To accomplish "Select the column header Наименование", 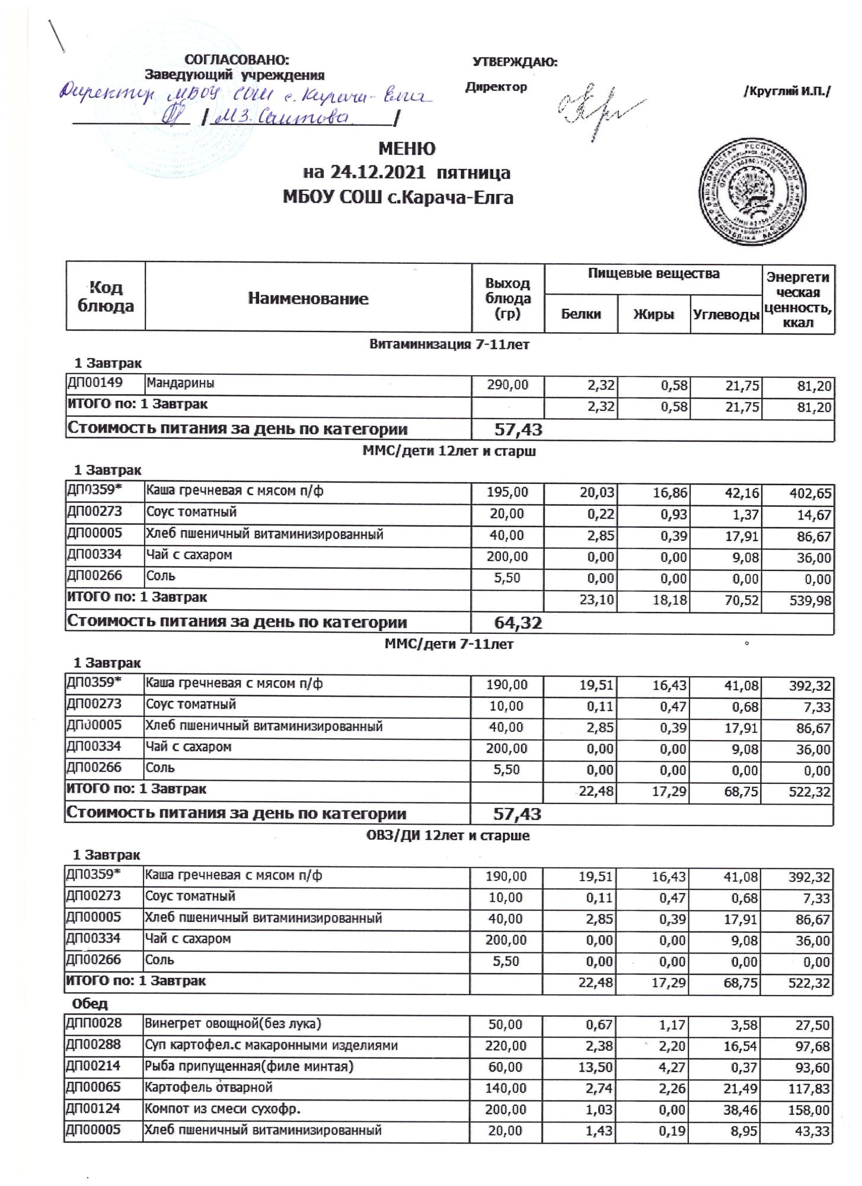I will (308, 298).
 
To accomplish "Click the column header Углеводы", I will (726, 314).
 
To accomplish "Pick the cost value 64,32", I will (518, 623).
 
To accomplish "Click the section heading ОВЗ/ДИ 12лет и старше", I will (446, 836).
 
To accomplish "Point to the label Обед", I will (90, 1004).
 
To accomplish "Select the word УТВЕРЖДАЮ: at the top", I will (515, 62).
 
